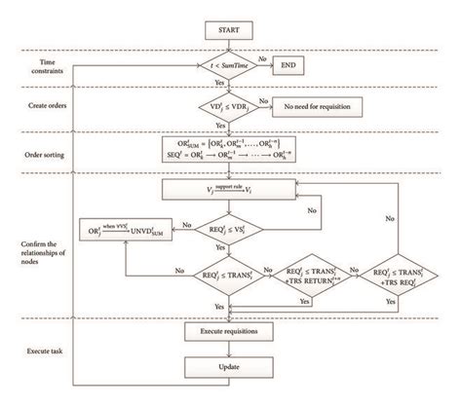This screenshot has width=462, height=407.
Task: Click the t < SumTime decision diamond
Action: click(x=220, y=67)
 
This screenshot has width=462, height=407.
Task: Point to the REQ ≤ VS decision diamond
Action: click(x=220, y=230)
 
